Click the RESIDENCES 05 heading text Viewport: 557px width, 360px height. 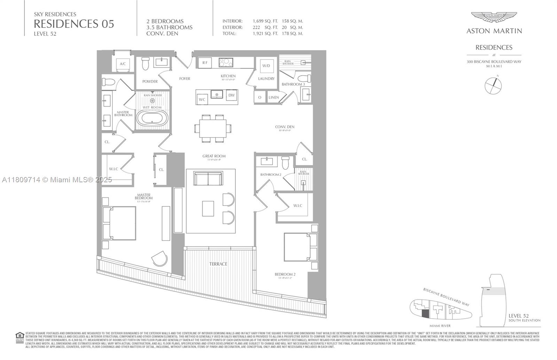[x=73, y=24]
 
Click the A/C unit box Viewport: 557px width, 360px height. [x=123, y=64]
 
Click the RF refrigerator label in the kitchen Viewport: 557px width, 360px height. [x=205, y=63]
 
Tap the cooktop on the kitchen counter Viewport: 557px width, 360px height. [x=226, y=63]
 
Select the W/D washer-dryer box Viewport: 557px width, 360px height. [x=266, y=65]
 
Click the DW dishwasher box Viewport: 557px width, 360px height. [x=231, y=95]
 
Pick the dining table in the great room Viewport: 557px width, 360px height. [x=212, y=128]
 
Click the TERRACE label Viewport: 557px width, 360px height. [x=218, y=264]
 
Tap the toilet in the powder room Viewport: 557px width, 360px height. [x=146, y=64]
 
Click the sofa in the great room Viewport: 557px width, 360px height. [x=208, y=179]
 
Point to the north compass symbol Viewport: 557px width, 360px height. [x=493, y=85]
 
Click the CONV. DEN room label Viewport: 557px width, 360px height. [x=285, y=127]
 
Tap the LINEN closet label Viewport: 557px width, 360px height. [x=274, y=97]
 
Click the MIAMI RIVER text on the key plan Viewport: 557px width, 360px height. [x=440, y=326]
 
